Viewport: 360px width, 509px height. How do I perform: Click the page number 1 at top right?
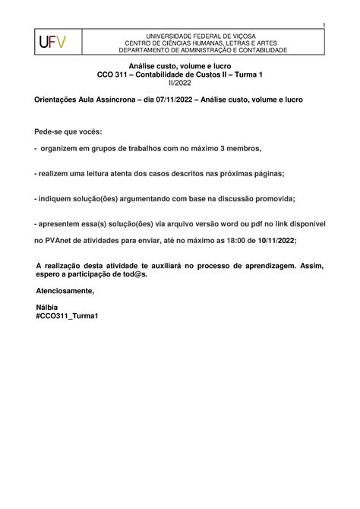[323, 27]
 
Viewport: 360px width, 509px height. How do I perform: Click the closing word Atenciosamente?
[66, 291]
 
